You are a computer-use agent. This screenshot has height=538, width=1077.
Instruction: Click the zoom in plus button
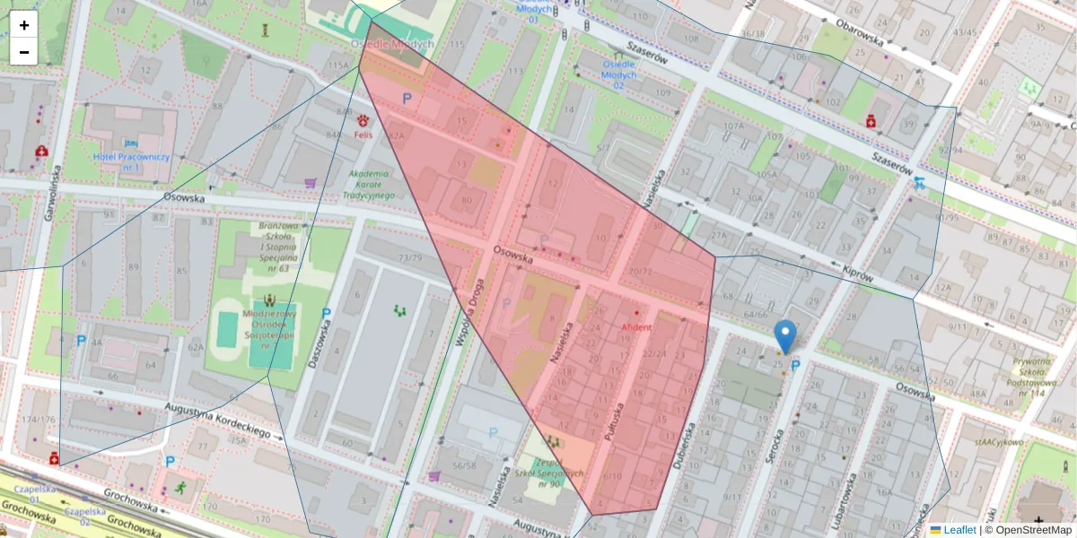[x=24, y=25]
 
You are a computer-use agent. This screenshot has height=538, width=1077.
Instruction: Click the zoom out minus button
[x=24, y=52]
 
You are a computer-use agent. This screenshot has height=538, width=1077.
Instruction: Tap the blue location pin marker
[x=785, y=335]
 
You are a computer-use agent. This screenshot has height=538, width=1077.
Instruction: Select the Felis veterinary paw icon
[x=363, y=120]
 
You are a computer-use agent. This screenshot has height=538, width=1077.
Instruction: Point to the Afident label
[x=636, y=327]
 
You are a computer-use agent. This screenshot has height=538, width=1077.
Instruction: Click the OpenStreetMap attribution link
[x=1029, y=530]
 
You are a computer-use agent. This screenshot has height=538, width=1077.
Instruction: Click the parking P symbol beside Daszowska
[x=326, y=315]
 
